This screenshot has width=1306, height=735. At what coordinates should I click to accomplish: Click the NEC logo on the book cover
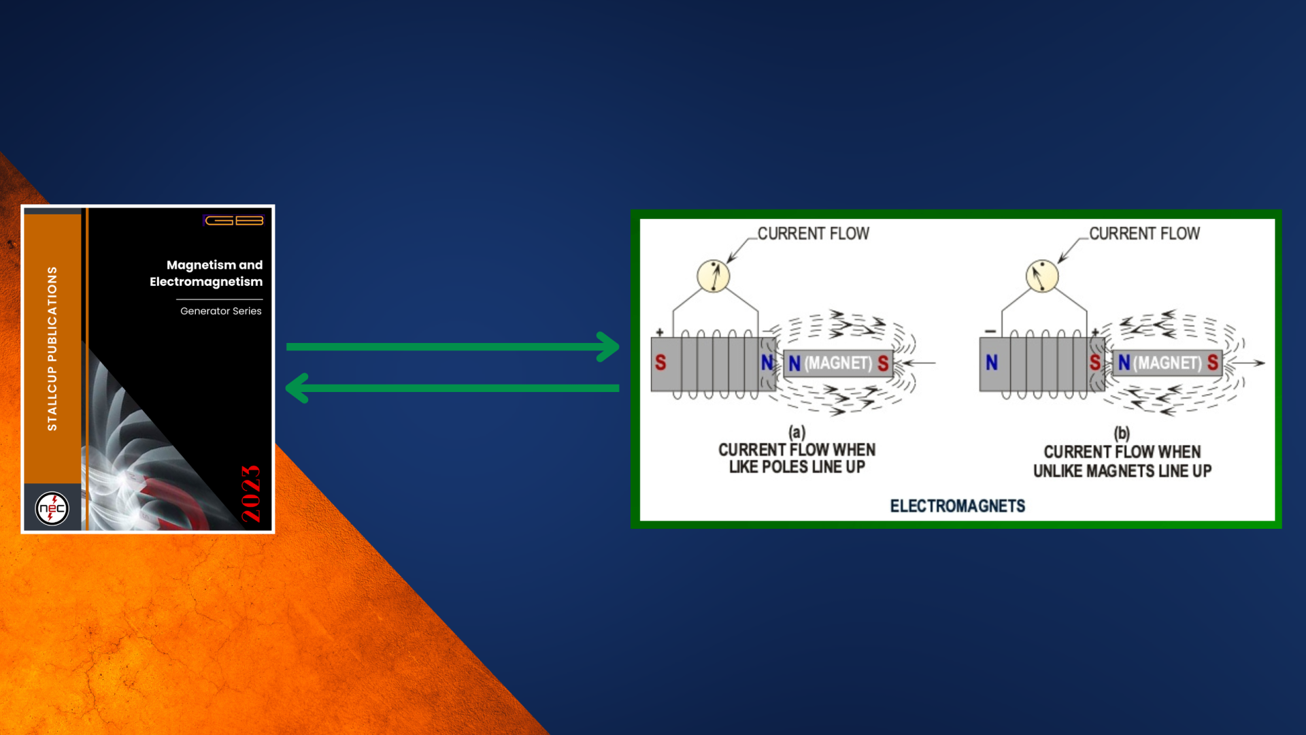pyautogui.click(x=52, y=508)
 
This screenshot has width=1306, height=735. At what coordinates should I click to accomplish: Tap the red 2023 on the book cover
pyautogui.click(x=251, y=493)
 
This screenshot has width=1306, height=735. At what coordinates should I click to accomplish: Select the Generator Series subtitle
pyautogui.click(x=221, y=311)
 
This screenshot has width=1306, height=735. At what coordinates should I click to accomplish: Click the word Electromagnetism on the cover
pyautogui.click(x=206, y=282)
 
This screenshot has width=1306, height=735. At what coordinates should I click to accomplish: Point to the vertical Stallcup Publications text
pyautogui.click(x=52, y=348)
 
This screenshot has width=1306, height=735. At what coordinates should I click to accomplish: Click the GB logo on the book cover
pyautogui.click(x=233, y=220)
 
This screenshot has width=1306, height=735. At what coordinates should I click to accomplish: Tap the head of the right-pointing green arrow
pyautogui.click(x=607, y=347)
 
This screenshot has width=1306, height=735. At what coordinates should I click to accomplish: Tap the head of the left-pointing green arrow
pyautogui.click(x=297, y=388)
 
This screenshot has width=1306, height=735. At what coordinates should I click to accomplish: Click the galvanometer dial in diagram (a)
pyautogui.click(x=714, y=276)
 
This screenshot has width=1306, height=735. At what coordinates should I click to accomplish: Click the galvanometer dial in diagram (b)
pyautogui.click(x=1042, y=276)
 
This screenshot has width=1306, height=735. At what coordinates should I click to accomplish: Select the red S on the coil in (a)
pyautogui.click(x=660, y=362)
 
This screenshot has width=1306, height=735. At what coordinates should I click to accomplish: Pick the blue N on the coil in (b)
pyautogui.click(x=992, y=363)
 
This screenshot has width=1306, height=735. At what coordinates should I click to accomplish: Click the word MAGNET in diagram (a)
pyautogui.click(x=838, y=363)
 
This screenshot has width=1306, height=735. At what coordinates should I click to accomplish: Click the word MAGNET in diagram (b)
pyautogui.click(x=1167, y=363)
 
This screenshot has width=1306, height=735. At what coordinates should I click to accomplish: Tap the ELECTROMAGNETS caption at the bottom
pyautogui.click(x=958, y=506)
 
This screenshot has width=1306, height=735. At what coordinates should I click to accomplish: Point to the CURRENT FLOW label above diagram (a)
pyautogui.click(x=814, y=233)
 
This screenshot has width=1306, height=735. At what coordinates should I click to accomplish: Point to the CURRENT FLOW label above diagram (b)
pyautogui.click(x=1145, y=233)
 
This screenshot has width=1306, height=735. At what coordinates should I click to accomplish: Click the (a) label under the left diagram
pyautogui.click(x=797, y=432)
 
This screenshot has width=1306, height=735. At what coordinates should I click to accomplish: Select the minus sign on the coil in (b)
pyautogui.click(x=990, y=331)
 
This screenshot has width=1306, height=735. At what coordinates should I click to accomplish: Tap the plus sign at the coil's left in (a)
pyautogui.click(x=660, y=332)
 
